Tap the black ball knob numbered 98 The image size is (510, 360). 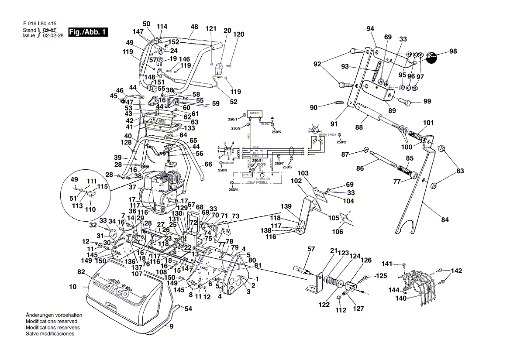click(432, 57)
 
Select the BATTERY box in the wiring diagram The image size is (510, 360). click(254, 113)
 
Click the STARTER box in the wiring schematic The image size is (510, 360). click(248, 175)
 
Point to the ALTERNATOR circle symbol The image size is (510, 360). click(263, 175)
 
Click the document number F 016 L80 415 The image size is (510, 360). click(39, 24)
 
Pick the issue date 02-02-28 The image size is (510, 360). click(53, 36)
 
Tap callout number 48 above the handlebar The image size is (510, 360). click(194, 26)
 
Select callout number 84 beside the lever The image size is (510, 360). click(445, 220)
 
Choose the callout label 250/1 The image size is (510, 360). click(232, 119)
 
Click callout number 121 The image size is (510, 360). click(211, 28)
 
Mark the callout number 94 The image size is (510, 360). click(371, 29)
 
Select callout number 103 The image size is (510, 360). click(303, 173)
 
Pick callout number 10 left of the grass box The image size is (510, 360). click(72, 287)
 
